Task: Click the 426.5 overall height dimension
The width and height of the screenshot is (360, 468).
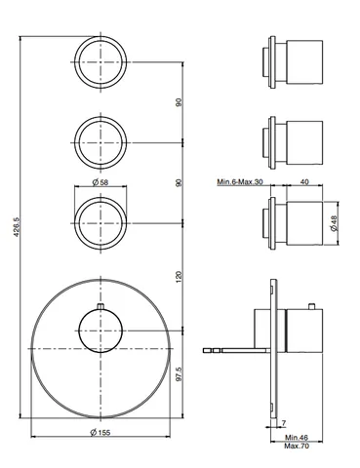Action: (x=17, y=227)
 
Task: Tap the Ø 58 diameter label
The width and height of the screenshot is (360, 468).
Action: (x=100, y=182)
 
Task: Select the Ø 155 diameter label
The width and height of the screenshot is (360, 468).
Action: (x=100, y=432)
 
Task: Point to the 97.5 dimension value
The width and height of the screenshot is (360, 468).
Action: (x=179, y=374)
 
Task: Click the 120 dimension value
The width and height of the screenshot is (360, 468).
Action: (x=179, y=277)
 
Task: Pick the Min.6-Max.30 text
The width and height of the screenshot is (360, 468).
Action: (x=240, y=181)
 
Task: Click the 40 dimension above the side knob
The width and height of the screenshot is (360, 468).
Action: (x=304, y=181)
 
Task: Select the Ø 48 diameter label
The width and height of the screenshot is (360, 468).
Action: (x=335, y=223)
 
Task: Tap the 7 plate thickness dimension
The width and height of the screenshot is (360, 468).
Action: (x=284, y=423)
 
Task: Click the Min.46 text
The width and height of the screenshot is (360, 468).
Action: (x=297, y=438)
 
